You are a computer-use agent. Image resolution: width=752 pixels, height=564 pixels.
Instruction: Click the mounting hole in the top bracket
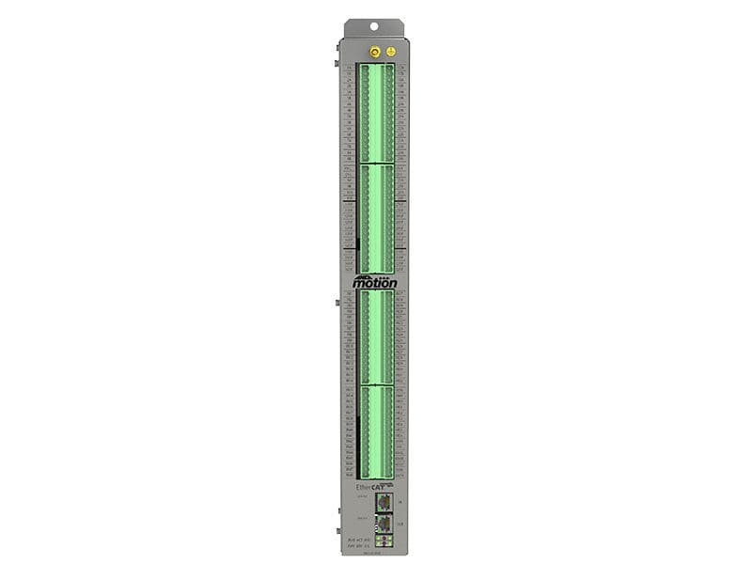point(374,27)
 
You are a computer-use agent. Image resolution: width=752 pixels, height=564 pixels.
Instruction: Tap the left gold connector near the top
point(374,52)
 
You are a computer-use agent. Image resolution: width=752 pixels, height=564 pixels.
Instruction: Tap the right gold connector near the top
point(391,52)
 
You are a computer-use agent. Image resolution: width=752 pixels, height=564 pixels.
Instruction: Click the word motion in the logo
point(375,282)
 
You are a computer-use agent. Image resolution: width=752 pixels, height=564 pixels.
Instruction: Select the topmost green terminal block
point(376,113)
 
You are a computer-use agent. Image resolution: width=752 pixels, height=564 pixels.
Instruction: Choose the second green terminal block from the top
point(376,219)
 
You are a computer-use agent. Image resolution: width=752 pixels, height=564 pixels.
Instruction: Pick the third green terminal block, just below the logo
point(376,337)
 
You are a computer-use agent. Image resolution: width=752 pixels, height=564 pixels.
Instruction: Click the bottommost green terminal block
point(376,432)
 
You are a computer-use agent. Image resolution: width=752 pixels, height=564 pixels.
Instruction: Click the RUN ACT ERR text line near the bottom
point(357,539)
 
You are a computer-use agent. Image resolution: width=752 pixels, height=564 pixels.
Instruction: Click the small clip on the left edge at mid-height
point(337,303)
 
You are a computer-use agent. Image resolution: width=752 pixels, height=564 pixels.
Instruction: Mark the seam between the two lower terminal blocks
point(376,384)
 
